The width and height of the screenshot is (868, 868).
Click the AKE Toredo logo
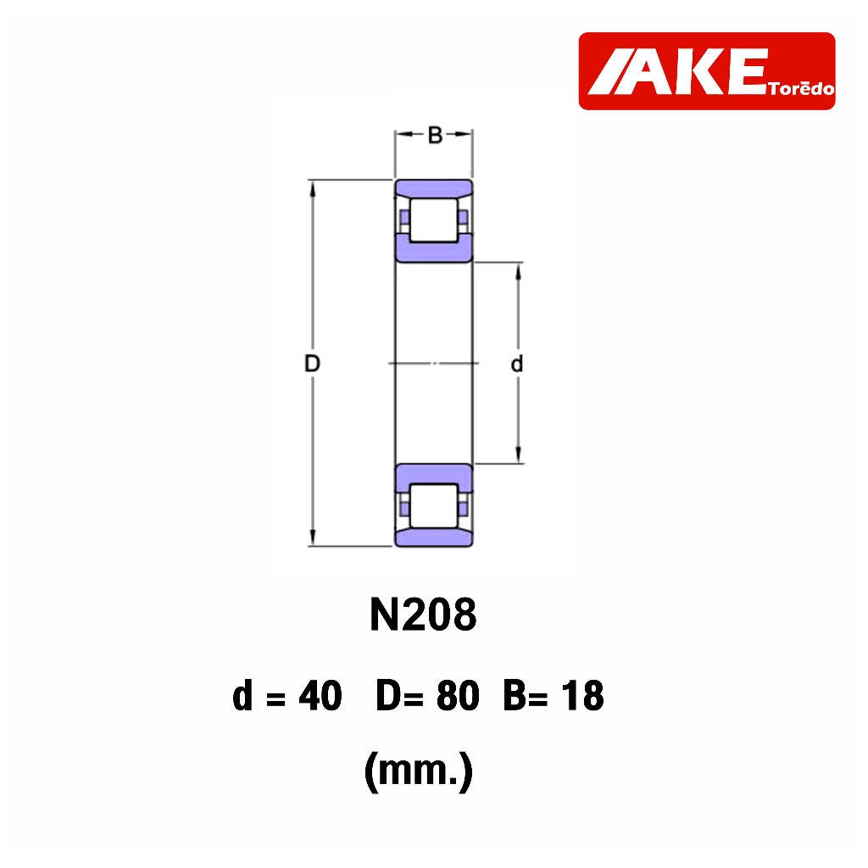coord(706,71)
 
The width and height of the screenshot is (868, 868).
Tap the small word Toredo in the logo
coord(801,88)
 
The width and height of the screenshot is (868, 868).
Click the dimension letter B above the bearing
coord(435,135)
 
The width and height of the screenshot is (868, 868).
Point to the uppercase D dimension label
coord(312,364)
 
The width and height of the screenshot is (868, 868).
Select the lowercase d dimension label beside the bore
coord(516,364)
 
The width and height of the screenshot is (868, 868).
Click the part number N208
coord(423,615)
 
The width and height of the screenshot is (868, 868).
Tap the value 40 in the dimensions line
coord(320,696)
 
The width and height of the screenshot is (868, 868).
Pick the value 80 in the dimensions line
coord(458,696)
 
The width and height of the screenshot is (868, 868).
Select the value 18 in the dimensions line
coord(582,696)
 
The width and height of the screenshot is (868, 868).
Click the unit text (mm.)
coord(419,771)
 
